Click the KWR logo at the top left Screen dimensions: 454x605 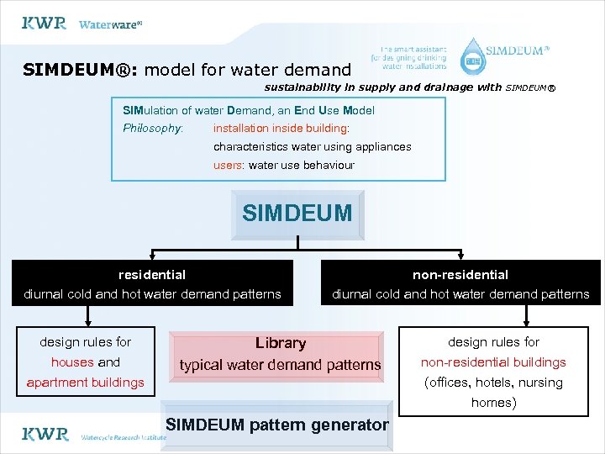[x=44, y=23]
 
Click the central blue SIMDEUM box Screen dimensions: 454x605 [x=297, y=214]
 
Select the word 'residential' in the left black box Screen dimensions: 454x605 [x=152, y=274]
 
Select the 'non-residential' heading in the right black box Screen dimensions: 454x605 [x=460, y=274]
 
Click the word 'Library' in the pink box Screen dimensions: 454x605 [x=281, y=343]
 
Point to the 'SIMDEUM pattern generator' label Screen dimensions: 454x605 [x=277, y=425]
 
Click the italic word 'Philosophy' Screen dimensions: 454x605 [x=152, y=129]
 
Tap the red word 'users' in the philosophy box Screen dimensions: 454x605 [x=227, y=165]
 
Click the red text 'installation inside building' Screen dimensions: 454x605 [x=281, y=129]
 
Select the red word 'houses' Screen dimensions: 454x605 [x=72, y=362]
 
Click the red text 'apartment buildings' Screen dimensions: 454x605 [x=86, y=383]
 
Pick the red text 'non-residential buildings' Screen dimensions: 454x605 [x=493, y=362]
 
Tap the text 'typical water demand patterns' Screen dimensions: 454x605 [x=281, y=365]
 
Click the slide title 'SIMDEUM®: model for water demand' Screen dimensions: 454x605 [x=187, y=70]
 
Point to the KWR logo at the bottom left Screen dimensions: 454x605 [x=44, y=434]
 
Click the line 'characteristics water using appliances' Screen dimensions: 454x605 [x=312, y=146]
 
